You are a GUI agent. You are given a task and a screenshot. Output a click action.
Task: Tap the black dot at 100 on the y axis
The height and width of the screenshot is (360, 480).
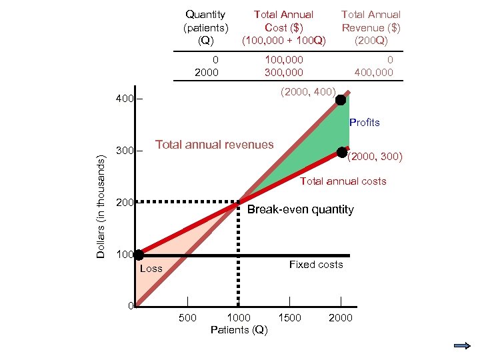click(138, 255)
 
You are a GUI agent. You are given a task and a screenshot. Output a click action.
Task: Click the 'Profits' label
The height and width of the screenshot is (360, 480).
click(364, 123)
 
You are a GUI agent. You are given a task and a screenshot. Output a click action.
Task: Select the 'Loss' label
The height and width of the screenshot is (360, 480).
click(151, 269)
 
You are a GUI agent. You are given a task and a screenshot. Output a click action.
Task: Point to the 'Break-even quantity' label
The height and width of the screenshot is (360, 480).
click(300, 209)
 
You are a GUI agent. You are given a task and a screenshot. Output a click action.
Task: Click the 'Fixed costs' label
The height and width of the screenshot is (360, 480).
click(316, 265)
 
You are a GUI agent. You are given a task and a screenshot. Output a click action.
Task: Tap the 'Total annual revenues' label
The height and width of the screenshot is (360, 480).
click(214, 144)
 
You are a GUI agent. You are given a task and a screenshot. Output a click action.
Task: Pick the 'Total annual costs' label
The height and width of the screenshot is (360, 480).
click(343, 181)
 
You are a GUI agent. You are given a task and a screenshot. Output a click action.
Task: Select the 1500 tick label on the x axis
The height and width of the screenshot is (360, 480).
click(289, 318)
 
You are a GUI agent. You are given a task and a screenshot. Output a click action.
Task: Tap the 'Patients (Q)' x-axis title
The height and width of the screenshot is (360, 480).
click(239, 330)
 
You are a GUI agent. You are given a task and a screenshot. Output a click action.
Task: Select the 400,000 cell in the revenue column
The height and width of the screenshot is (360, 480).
click(375, 72)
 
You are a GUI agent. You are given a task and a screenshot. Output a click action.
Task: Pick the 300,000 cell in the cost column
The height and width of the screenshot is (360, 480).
click(283, 72)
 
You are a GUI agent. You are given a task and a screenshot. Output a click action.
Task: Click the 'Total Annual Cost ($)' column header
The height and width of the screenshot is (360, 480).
click(283, 27)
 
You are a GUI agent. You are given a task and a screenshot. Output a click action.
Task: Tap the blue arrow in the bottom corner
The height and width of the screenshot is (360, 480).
click(462, 346)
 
